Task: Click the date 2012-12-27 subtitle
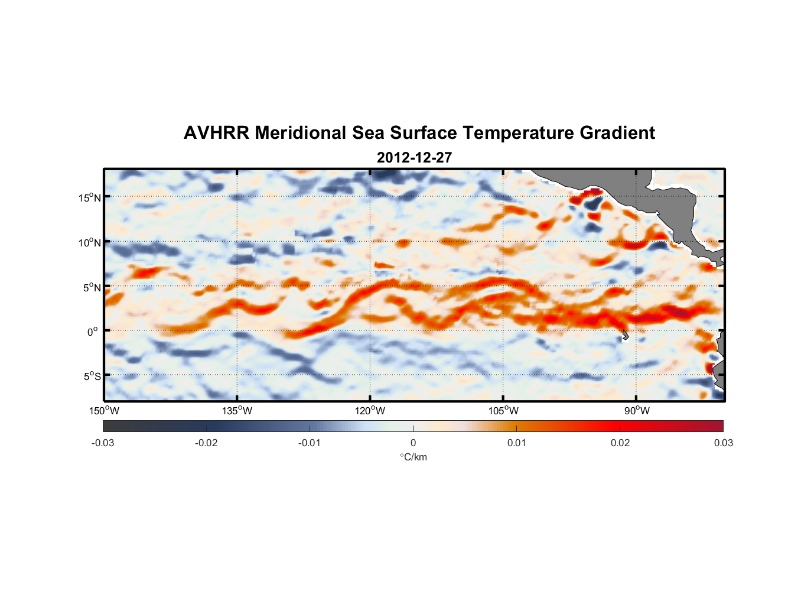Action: tap(414, 158)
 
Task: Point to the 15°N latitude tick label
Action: tap(90, 197)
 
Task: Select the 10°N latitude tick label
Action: tap(90, 242)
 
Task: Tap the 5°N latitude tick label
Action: tap(92, 287)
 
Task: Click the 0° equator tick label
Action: tap(93, 332)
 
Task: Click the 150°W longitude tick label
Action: tap(104, 411)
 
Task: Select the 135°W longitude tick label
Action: tap(237, 411)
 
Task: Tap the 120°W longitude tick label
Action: tap(370, 411)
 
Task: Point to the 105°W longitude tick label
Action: tap(503, 411)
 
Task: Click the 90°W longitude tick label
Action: tap(637, 411)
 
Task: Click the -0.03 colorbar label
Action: tap(103, 443)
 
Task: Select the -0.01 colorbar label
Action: tap(310, 443)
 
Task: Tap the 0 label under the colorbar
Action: tap(413, 443)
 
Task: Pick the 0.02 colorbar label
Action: tap(620, 443)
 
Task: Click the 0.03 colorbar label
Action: tap(723, 443)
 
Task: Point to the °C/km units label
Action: tap(413, 457)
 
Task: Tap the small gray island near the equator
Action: tap(625, 335)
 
